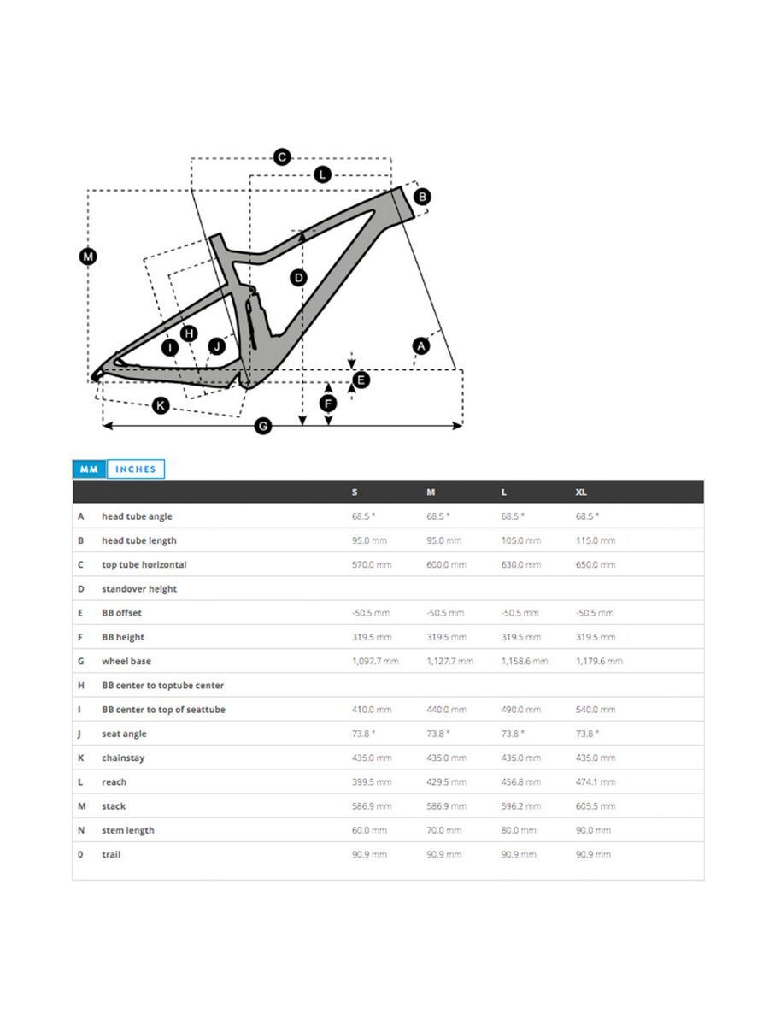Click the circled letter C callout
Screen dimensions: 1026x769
tap(282, 157)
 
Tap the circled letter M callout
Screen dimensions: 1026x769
tap(88, 256)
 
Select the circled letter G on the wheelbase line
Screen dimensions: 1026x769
tap(263, 425)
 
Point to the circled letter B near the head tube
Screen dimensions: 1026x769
tap(421, 197)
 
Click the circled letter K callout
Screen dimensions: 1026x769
tap(161, 405)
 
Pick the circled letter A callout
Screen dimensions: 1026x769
tap(420, 345)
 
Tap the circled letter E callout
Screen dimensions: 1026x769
tap(361, 380)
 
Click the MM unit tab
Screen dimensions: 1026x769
tap(89, 469)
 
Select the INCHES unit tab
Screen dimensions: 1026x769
tap(136, 469)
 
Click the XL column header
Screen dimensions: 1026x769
tap(581, 492)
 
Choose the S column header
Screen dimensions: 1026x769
tap(355, 492)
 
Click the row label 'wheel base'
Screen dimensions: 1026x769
tap(126, 662)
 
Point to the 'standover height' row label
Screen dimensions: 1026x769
tap(139, 589)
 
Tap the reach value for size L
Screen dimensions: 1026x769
tap(520, 782)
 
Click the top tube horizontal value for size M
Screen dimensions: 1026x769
tap(446, 565)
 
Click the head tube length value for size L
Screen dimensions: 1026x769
tap(520, 540)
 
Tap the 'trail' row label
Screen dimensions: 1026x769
tap(111, 854)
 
